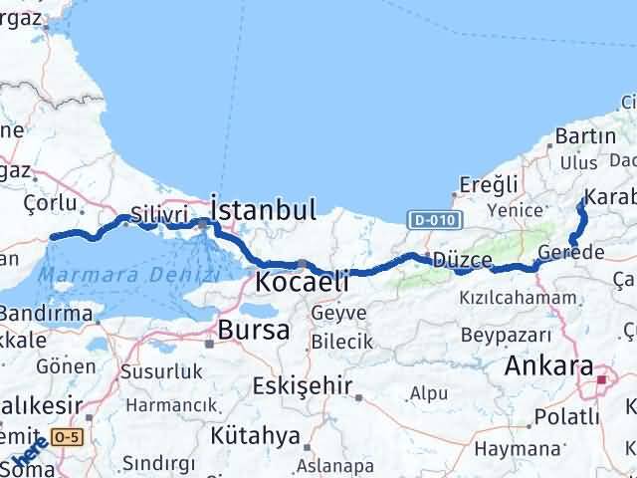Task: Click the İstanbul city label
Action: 264,210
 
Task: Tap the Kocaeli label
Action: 303,282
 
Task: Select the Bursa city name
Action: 252,330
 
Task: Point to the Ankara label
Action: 549,365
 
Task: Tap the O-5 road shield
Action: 68,436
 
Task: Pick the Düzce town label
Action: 463,260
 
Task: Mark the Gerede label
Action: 569,253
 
